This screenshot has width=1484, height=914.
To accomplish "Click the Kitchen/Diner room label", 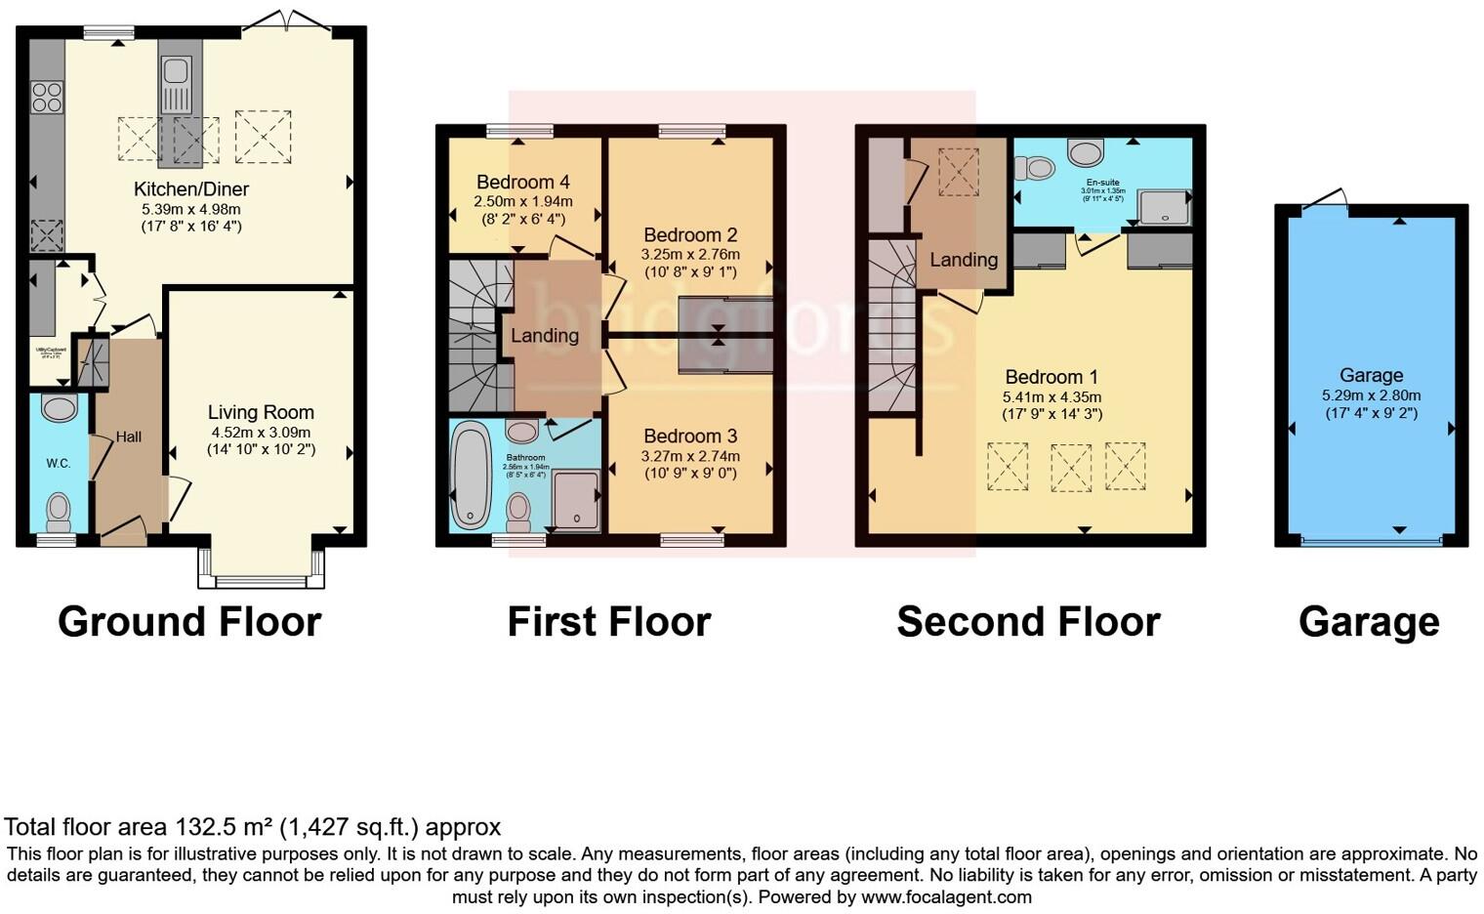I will [191, 189].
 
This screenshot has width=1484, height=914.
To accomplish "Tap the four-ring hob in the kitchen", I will [47, 98].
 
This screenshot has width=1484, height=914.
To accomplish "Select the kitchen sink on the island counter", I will [177, 71].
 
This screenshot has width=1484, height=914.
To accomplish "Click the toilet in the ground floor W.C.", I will [59, 511].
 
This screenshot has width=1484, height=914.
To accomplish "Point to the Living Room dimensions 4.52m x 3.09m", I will [261, 432].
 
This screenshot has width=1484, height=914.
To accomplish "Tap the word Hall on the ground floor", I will [129, 436].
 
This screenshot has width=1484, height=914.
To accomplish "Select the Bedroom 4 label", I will [523, 182].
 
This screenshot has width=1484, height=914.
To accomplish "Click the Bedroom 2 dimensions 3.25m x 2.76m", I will [690, 254].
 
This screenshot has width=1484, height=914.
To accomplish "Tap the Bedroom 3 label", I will [690, 436].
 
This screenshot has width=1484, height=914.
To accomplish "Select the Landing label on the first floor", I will [545, 335].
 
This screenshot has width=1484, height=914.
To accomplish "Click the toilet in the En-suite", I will [1035, 169].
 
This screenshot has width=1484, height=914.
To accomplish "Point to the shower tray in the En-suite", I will [1164, 207].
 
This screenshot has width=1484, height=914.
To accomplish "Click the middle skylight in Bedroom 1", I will [1070, 467].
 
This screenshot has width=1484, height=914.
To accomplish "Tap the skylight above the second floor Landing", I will [958, 172].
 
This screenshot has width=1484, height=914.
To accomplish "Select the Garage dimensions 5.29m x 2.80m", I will [1371, 395].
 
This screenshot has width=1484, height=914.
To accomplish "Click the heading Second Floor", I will [1028, 621].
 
